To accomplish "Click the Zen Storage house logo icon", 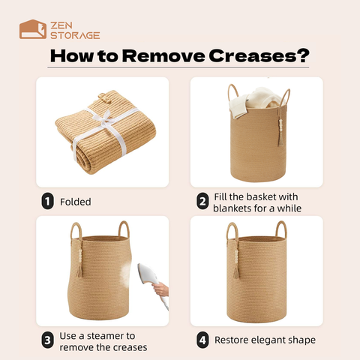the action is [33, 29].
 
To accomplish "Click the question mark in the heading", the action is [304, 55].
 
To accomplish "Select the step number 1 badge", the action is [47, 201].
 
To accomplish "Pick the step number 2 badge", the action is [202, 201].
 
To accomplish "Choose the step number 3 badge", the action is [47, 340].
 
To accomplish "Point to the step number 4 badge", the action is [202, 340].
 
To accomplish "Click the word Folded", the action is [76, 202].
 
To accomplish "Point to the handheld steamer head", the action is [147, 274].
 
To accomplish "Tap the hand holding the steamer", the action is [161, 289].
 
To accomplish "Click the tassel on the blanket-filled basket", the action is [280, 133].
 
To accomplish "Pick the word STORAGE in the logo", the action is [75, 35].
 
